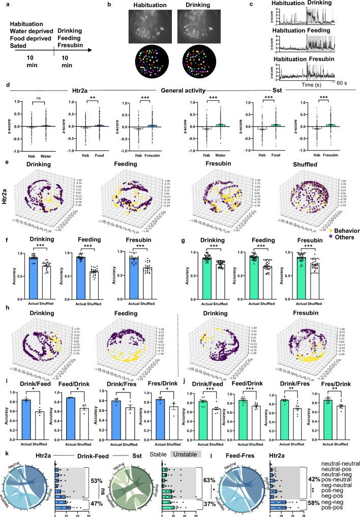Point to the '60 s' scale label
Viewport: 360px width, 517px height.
(339, 81)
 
